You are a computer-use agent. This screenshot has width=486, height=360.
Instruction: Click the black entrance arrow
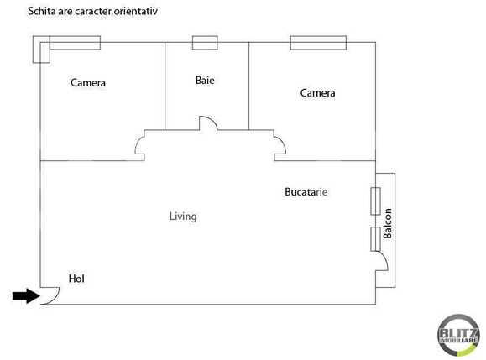click(25, 295)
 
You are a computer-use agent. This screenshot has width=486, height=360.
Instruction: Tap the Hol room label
click(76, 279)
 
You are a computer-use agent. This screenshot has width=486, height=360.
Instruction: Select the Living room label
click(183, 217)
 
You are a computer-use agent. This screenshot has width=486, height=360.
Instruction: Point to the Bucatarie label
click(306, 192)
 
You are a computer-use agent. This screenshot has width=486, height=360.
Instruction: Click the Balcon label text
click(388, 223)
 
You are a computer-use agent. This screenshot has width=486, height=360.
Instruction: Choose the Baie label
click(205, 81)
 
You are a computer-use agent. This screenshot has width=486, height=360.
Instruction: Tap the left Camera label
click(88, 83)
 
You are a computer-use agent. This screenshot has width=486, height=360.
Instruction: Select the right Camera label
click(317, 93)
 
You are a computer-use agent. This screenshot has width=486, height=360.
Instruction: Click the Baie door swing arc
click(209, 123)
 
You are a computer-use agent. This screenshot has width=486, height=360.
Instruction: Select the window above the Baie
click(204, 43)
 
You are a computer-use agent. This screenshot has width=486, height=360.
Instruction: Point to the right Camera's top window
click(318, 42)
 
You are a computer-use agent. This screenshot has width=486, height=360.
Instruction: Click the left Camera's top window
click(74, 42)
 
